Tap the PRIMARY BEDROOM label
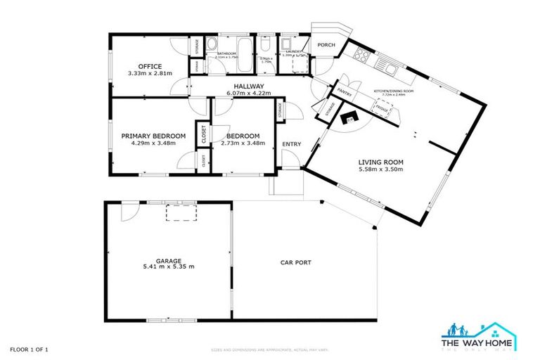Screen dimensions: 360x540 click(x=153, y=136)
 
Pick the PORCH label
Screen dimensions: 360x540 click(x=326, y=46)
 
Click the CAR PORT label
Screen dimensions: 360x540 click(x=296, y=263)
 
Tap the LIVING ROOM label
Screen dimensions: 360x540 click(x=380, y=163)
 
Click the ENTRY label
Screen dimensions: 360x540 click(x=291, y=144)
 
